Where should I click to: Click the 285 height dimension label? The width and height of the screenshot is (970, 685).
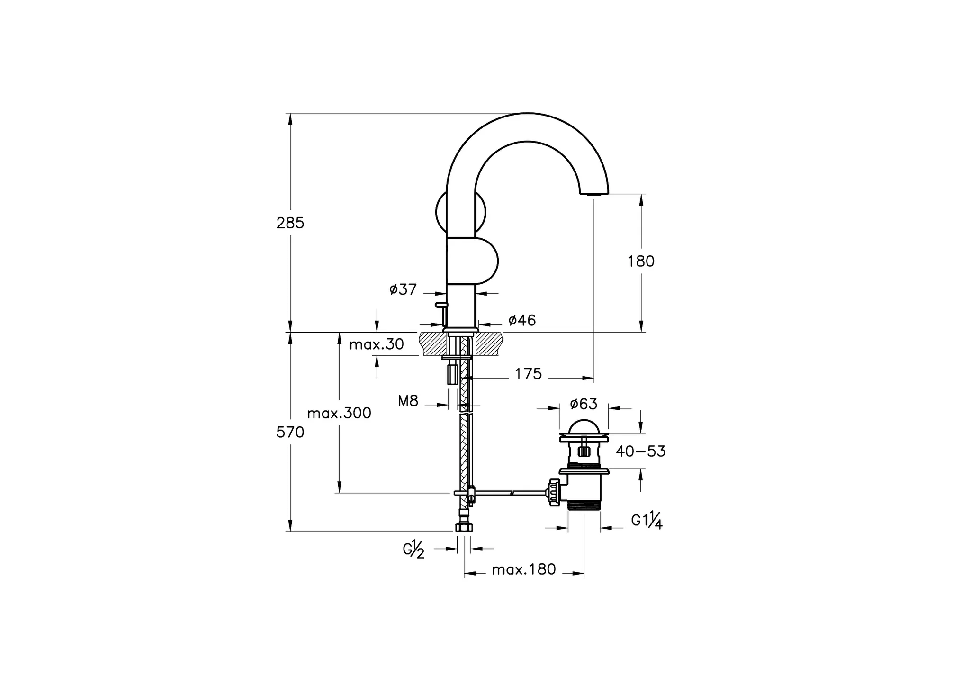[290, 223]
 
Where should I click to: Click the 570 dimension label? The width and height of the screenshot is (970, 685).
[290, 432]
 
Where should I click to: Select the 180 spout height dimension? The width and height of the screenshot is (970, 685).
[641, 261]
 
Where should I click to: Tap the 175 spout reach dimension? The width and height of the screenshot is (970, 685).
[528, 374]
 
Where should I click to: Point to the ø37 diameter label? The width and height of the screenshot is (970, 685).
[403, 289]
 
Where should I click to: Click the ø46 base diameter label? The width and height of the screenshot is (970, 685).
[522, 320]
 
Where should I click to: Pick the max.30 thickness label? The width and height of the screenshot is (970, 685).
[377, 344]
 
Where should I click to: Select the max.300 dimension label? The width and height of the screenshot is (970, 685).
[339, 413]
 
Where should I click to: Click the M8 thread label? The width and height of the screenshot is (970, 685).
[408, 401]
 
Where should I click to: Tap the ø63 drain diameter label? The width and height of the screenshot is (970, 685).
[584, 404]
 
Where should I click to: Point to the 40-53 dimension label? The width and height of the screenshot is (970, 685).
[640, 451]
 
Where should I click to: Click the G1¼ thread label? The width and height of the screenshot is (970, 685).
[647, 520]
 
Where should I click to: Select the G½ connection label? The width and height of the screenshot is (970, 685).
[414, 550]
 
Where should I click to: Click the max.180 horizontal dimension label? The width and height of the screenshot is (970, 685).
[523, 569]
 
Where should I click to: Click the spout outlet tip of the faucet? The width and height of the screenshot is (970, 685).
[594, 193]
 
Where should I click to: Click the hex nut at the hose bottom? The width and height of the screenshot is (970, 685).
[464, 527]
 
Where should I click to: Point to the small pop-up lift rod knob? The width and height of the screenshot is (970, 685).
[441, 305]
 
